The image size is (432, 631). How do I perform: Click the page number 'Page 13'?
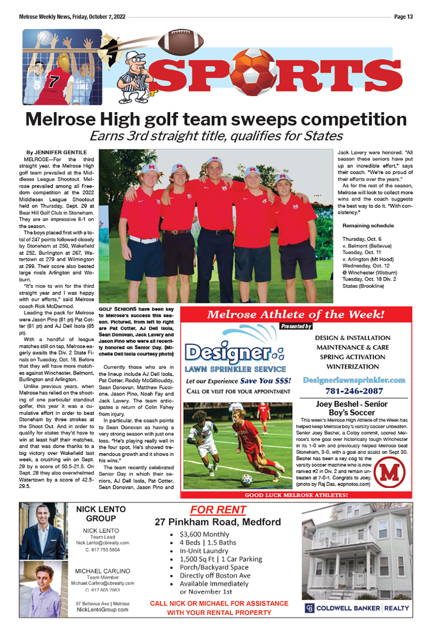click(x=403, y=17)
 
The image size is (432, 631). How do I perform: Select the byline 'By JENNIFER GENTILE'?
click(x=57, y=152)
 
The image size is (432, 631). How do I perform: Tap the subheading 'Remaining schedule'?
click(x=368, y=226)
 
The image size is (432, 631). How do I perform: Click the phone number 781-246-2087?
click(x=354, y=391)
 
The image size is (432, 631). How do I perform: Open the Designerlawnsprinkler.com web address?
click(x=354, y=380)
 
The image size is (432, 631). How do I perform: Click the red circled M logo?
click(x=390, y=472)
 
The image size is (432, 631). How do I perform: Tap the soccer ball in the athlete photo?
click(x=247, y=479)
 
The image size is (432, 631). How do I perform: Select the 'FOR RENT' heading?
click(x=218, y=510)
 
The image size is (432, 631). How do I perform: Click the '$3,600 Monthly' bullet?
click(x=204, y=534)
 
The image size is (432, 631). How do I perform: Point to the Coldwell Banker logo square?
click(x=310, y=608)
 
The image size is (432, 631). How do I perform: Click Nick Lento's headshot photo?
click(x=43, y=531)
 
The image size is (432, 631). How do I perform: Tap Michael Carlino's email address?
click(x=103, y=583)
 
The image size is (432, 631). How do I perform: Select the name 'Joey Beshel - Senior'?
click(x=352, y=404)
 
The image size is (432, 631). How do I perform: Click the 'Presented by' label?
click(x=296, y=326)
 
